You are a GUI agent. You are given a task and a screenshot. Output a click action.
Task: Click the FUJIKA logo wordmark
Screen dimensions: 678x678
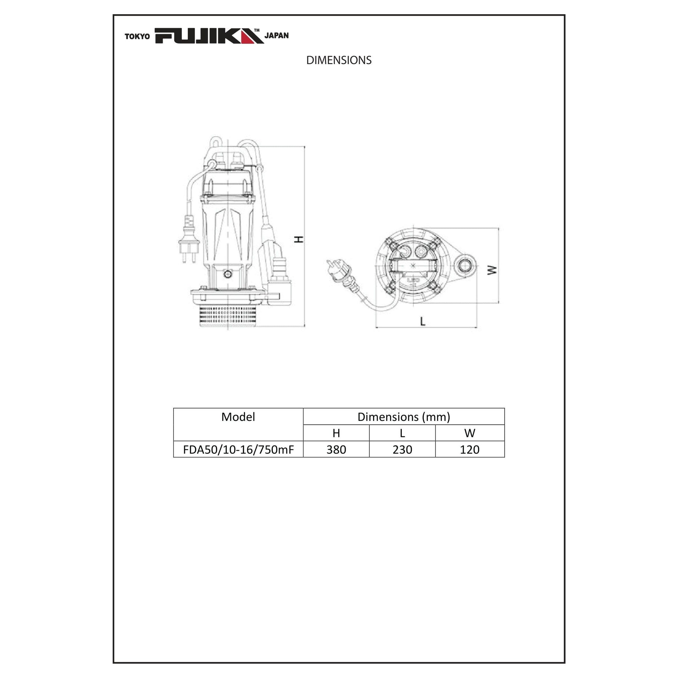click(209, 36)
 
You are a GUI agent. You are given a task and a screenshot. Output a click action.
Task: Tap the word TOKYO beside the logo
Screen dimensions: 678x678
click(137, 37)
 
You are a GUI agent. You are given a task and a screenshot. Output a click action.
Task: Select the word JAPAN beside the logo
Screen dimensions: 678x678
click(277, 36)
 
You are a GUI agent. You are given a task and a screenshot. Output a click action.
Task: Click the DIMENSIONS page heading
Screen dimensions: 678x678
click(339, 60)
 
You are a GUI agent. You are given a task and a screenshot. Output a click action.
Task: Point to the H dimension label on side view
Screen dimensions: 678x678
click(299, 239)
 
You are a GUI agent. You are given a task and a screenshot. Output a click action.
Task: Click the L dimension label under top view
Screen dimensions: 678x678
click(423, 321)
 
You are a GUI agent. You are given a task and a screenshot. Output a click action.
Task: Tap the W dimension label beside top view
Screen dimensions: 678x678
click(493, 270)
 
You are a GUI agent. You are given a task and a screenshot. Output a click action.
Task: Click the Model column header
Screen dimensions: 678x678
click(238, 417)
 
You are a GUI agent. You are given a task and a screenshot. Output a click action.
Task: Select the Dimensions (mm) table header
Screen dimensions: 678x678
click(403, 417)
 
